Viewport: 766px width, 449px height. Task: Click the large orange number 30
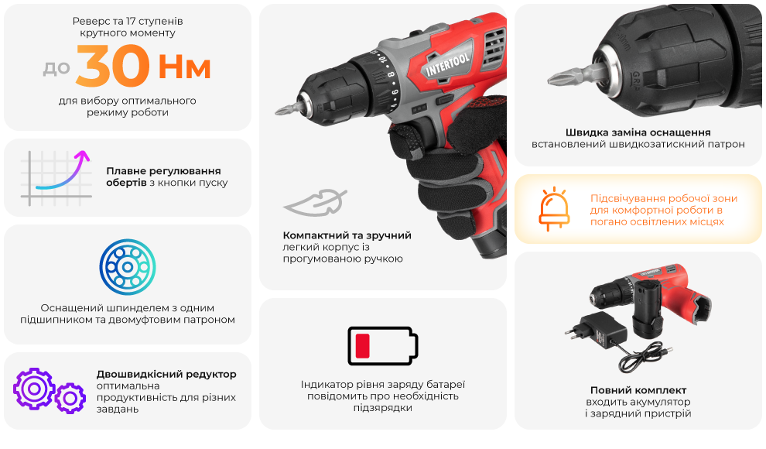[x=112, y=66]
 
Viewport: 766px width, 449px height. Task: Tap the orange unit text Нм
[x=185, y=67]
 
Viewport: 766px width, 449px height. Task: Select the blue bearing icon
[x=128, y=267]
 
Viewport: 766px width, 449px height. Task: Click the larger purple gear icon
[x=34, y=389]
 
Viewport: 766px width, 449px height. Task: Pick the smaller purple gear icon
[x=70, y=399]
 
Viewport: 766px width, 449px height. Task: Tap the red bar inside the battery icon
[x=362, y=346]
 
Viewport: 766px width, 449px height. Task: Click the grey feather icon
[x=315, y=202]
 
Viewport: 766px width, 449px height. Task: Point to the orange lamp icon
[x=554, y=208]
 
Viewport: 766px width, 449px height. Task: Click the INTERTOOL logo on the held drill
[x=447, y=64]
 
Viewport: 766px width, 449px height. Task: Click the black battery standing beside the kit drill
[x=648, y=309]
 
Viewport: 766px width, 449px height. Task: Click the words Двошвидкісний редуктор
[x=166, y=374]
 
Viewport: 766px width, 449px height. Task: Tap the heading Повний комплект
[x=638, y=390]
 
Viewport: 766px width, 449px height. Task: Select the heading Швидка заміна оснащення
[x=638, y=132]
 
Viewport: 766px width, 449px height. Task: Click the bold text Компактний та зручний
[x=347, y=235]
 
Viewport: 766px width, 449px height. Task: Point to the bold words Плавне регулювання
[x=163, y=171]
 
